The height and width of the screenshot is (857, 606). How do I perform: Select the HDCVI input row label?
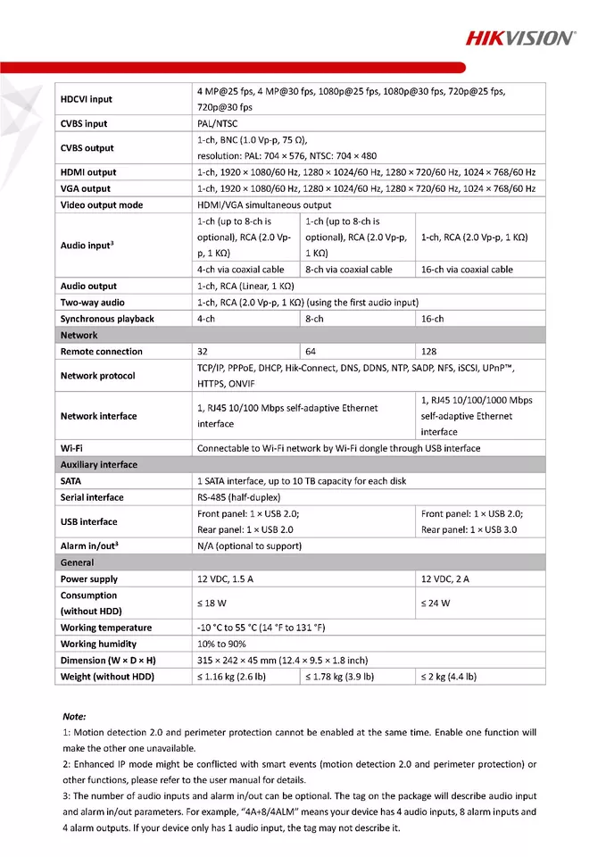(87, 99)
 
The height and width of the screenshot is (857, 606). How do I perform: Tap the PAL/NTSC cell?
(218, 124)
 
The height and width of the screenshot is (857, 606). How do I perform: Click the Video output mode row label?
(102, 205)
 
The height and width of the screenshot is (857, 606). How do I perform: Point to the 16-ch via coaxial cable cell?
(467, 270)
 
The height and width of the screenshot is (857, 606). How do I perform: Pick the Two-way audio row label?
(93, 303)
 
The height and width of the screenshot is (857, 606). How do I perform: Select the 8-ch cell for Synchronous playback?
(314, 319)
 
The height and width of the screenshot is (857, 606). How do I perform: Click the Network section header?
(79, 335)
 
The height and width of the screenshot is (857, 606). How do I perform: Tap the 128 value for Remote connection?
(429, 352)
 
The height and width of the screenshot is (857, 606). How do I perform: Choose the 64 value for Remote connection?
(311, 352)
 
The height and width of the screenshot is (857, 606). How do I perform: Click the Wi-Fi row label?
(72, 448)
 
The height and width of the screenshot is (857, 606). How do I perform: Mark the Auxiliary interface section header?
(99, 464)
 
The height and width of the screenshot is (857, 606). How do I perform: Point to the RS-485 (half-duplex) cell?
(239, 497)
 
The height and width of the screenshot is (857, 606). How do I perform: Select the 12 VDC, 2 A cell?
(445, 579)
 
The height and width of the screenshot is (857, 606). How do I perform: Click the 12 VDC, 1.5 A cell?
(225, 579)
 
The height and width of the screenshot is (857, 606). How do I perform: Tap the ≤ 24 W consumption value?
(436, 603)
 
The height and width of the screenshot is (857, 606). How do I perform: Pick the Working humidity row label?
(99, 644)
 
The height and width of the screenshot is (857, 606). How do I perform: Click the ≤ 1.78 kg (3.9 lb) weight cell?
(339, 677)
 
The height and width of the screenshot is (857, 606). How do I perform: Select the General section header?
(77, 562)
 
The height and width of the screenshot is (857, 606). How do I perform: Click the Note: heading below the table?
(75, 717)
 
